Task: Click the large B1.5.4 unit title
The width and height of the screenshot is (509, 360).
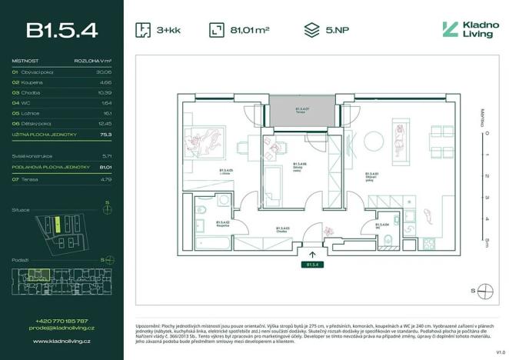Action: [62, 30]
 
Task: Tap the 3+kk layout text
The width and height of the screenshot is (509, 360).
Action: [168, 31]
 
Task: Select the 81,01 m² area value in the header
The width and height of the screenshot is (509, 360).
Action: [249, 31]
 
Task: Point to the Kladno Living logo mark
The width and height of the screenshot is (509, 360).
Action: [451, 30]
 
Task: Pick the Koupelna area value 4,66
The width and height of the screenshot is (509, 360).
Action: [107, 81]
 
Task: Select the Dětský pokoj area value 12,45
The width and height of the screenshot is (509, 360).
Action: [105, 123]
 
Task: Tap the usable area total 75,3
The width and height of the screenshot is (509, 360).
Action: [106, 135]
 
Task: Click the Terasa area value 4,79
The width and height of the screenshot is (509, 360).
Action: [107, 178]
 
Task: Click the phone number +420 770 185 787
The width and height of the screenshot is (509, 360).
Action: [62, 321]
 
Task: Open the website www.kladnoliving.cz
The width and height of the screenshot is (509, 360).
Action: [62, 339]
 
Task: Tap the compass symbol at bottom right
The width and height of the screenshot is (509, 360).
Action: [484, 290]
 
